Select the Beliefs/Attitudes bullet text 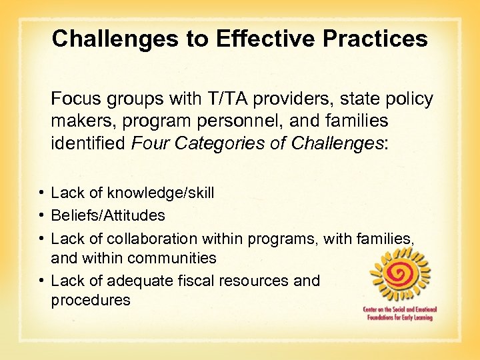(108, 215)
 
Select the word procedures (91, 301)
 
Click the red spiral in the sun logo (399, 273)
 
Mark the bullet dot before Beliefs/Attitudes (42, 215)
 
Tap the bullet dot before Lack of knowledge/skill (42, 193)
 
